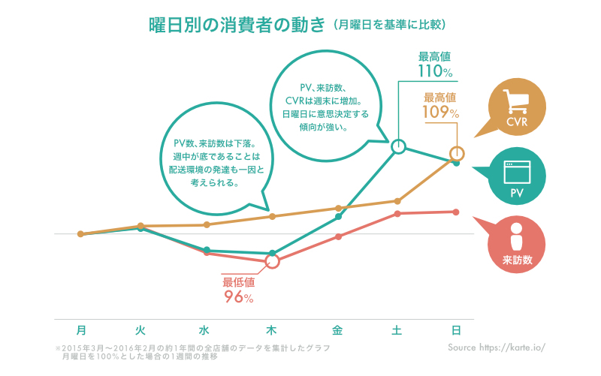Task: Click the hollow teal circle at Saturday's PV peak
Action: tap(398, 146)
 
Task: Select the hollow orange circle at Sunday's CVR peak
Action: tap(456, 154)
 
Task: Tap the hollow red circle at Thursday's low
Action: tap(272, 261)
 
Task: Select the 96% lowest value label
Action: tap(238, 296)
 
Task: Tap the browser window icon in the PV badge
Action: tap(516, 171)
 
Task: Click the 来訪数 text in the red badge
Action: tap(517, 260)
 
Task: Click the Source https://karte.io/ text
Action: tap(495, 348)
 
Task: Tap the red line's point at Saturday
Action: tap(398, 213)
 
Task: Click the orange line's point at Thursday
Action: tap(272, 216)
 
